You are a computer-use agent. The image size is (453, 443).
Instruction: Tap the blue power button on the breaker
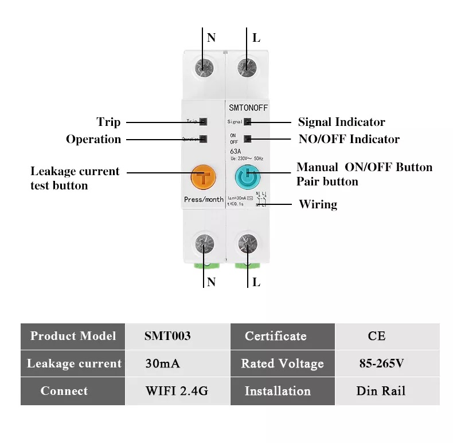pos(247,179)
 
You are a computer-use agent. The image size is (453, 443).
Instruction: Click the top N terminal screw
pos(203,66)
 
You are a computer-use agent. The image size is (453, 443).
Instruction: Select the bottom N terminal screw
pos(203,244)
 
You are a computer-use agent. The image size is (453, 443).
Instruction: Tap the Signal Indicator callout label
pos(341,122)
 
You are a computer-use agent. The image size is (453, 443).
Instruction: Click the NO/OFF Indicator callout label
pos(349,139)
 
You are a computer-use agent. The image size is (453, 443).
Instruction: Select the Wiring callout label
pos(318,204)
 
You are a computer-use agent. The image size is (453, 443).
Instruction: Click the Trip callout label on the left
pos(108,122)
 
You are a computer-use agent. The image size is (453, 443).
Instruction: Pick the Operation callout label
pos(93,139)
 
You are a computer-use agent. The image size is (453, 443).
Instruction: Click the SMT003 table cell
pos(167,336)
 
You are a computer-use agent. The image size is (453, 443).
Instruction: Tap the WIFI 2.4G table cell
pos(176,391)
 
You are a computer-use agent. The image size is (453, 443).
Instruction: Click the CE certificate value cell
pos(376,336)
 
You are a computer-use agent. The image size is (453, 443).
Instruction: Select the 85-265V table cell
pos(380,363)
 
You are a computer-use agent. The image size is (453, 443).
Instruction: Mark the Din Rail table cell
pos(380,391)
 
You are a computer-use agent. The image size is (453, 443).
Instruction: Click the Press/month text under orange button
pos(204,200)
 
